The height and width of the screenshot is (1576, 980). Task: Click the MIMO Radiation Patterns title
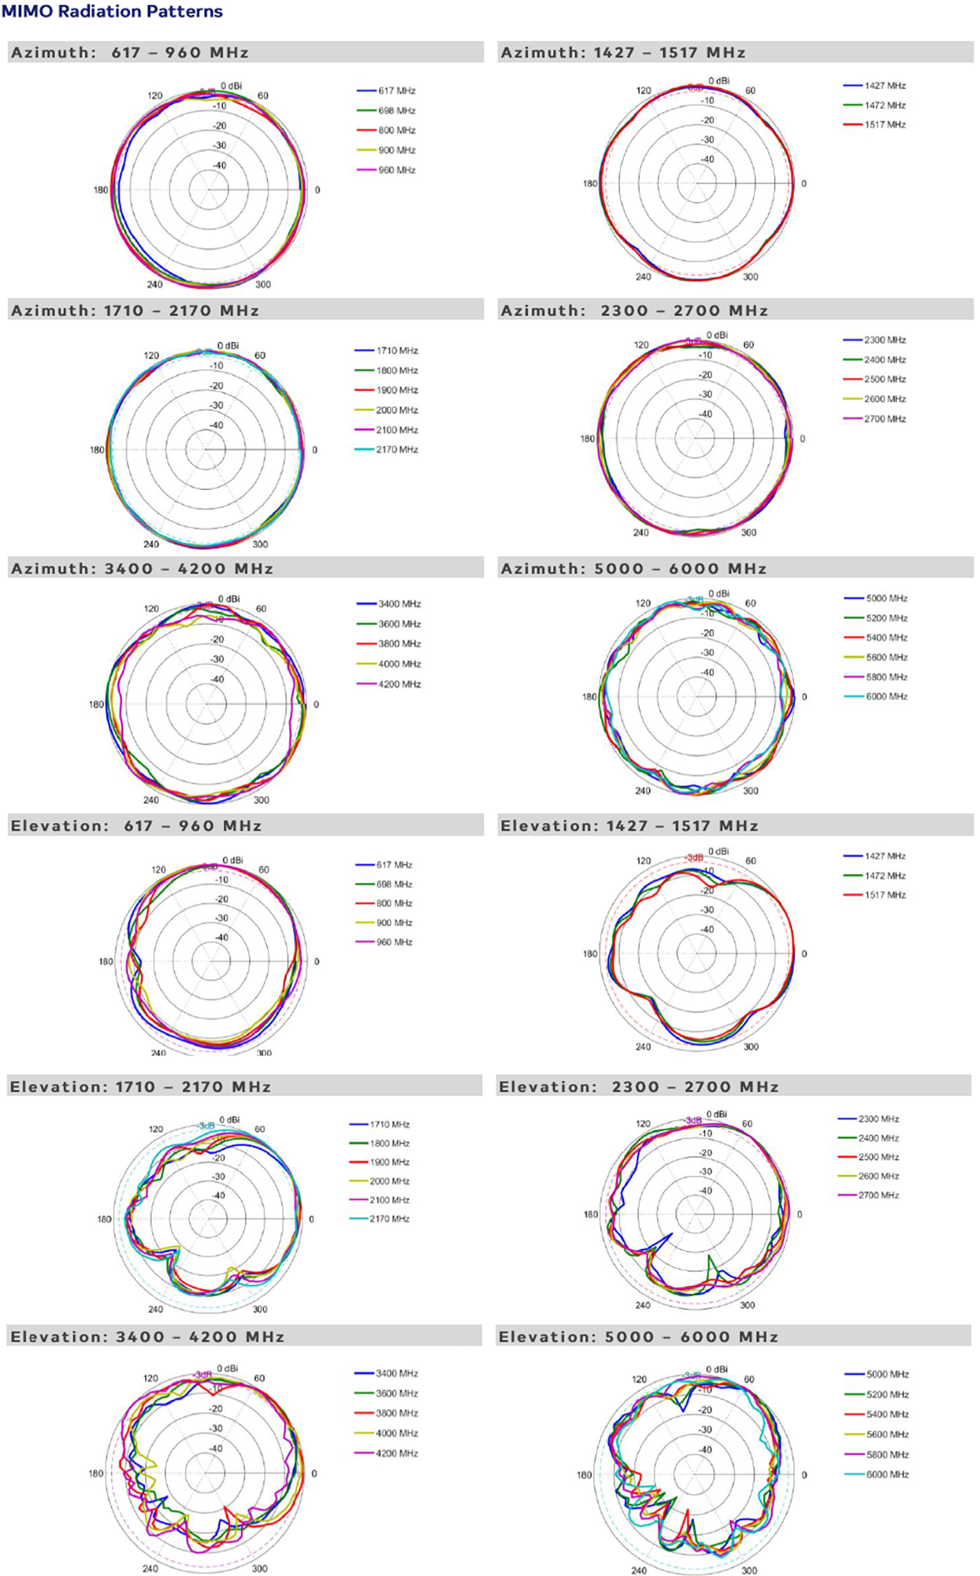(x=112, y=11)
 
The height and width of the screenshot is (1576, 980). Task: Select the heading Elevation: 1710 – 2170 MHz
(x=140, y=1087)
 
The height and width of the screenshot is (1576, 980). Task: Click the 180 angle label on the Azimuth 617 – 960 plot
(x=100, y=190)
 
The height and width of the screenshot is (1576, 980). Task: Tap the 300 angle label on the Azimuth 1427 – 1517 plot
(x=750, y=277)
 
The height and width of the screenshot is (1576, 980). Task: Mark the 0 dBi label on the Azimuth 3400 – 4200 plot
(x=229, y=598)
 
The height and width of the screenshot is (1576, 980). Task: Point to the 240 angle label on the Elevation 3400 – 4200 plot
(x=150, y=1568)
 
